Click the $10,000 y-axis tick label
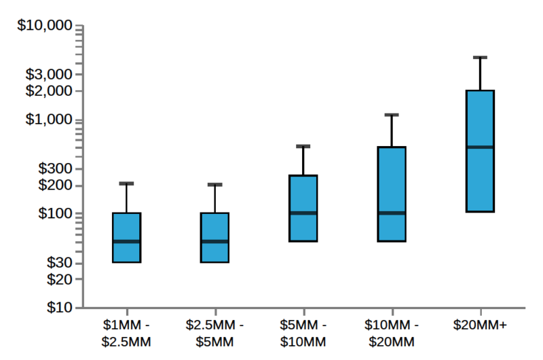(x=44, y=26)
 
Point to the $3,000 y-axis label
(x=49, y=74)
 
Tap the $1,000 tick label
(x=49, y=120)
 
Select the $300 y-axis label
(x=54, y=168)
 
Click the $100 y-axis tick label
(x=54, y=214)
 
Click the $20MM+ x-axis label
(x=480, y=325)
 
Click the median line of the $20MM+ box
(x=480, y=147)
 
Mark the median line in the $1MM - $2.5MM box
(x=126, y=241)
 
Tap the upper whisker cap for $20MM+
(x=480, y=58)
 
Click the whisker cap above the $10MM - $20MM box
(x=392, y=115)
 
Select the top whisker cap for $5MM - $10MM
(x=303, y=146)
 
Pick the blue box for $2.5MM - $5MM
(x=214, y=237)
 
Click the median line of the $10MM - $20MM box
(x=392, y=213)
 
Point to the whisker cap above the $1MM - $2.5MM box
(x=126, y=183)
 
